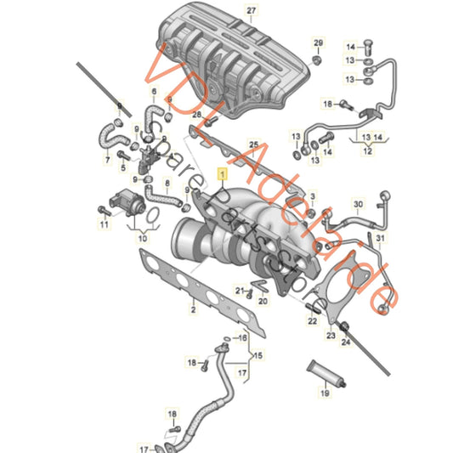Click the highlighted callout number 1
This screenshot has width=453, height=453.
(x=224, y=173)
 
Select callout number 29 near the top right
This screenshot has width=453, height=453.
(x=318, y=42)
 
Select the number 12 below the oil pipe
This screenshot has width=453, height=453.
(x=366, y=150)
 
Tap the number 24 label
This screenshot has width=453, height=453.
(x=346, y=343)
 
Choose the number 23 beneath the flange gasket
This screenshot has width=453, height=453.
(x=331, y=337)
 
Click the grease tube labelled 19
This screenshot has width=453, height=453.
(x=323, y=371)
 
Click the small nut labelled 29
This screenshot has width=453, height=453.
(x=317, y=59)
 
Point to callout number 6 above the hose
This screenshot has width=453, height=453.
(x=154, y=91)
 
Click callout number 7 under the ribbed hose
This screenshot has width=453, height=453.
(x=108, y=159)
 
